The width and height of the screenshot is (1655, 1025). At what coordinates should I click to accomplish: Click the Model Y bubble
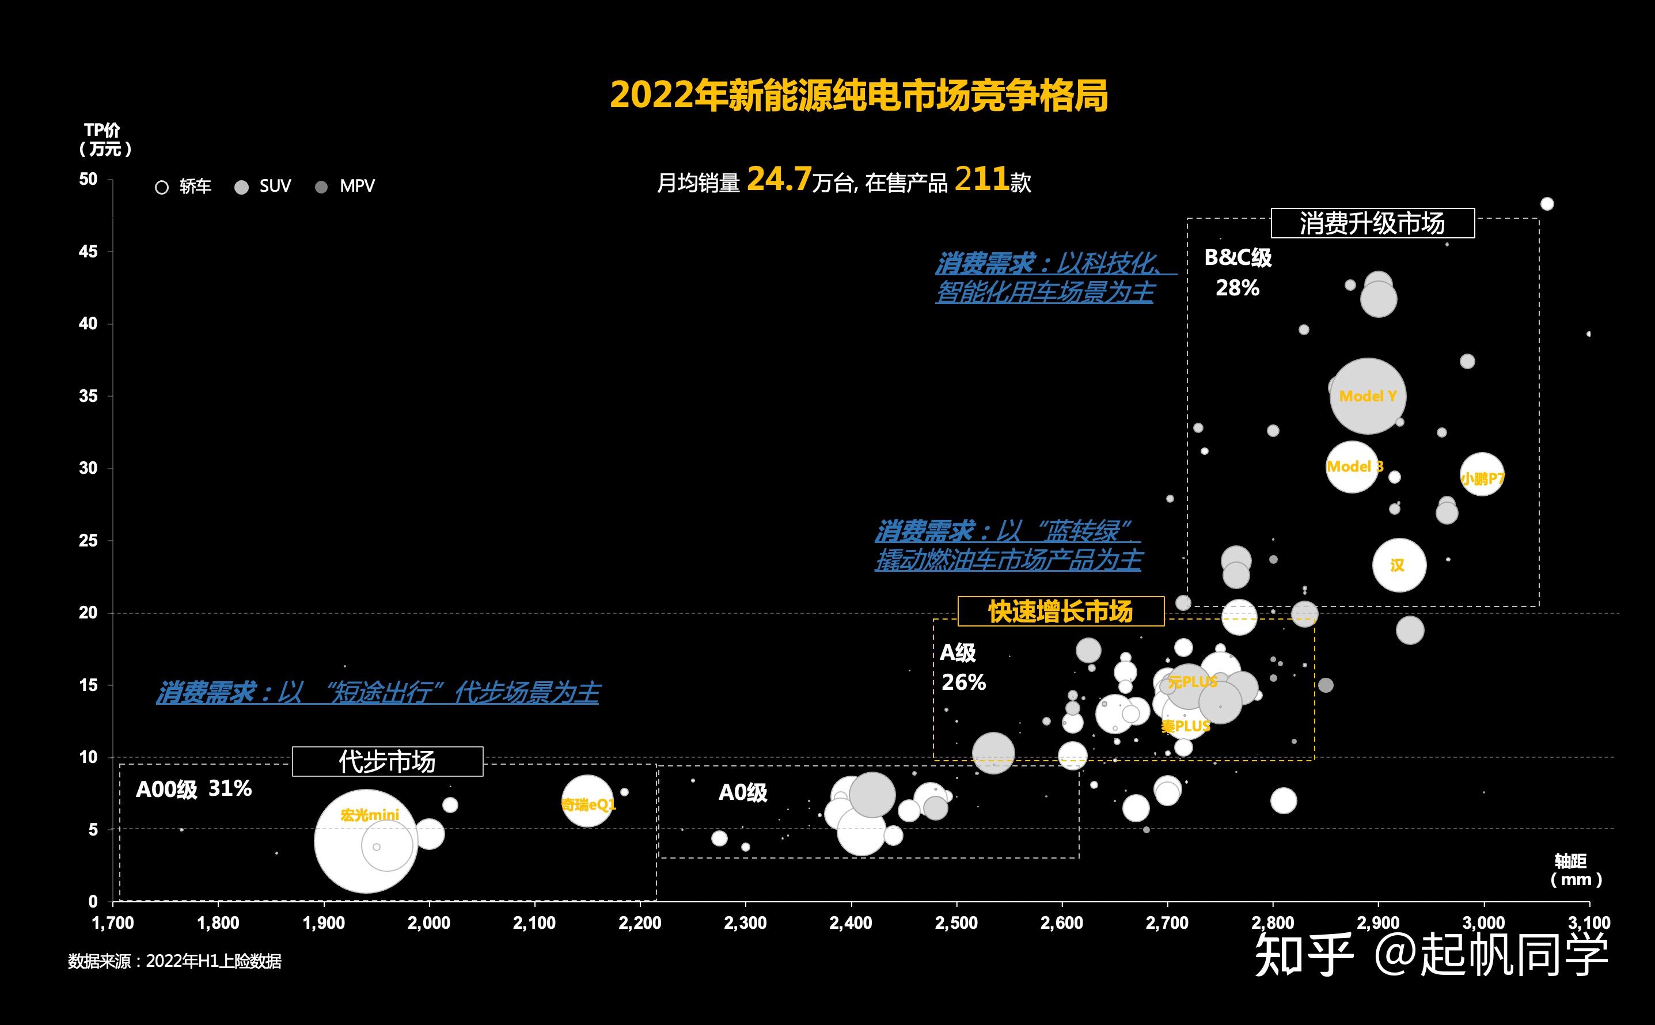(1368, 397)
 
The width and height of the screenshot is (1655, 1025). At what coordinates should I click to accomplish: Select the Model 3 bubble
(1352, 467)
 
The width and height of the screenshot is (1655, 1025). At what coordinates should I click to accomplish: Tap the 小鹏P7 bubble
(1482, 474)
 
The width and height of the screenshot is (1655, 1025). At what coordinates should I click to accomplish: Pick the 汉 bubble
(1399, 565)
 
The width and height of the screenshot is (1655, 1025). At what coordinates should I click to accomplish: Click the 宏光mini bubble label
(369, 815)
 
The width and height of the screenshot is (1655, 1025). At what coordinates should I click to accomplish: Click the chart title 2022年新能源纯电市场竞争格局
(859, 96)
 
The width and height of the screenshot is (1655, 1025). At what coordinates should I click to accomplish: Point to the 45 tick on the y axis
(88, 252)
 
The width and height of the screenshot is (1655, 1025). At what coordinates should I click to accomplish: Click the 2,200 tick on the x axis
(640, 923)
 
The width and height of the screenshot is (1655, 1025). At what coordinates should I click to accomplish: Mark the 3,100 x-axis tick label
(1589, 923)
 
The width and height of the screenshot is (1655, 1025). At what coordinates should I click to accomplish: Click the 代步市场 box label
(387, 762)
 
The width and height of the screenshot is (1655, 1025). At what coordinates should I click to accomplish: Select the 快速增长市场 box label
(1061, 612)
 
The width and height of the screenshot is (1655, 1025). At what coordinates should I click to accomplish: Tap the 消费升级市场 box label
(1372, 223)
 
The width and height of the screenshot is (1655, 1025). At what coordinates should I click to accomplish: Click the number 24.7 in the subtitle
(779, 180)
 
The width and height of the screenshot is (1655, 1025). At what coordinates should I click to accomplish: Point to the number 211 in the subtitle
(981, 180)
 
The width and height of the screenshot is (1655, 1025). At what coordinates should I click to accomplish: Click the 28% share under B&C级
(1237, 288)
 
